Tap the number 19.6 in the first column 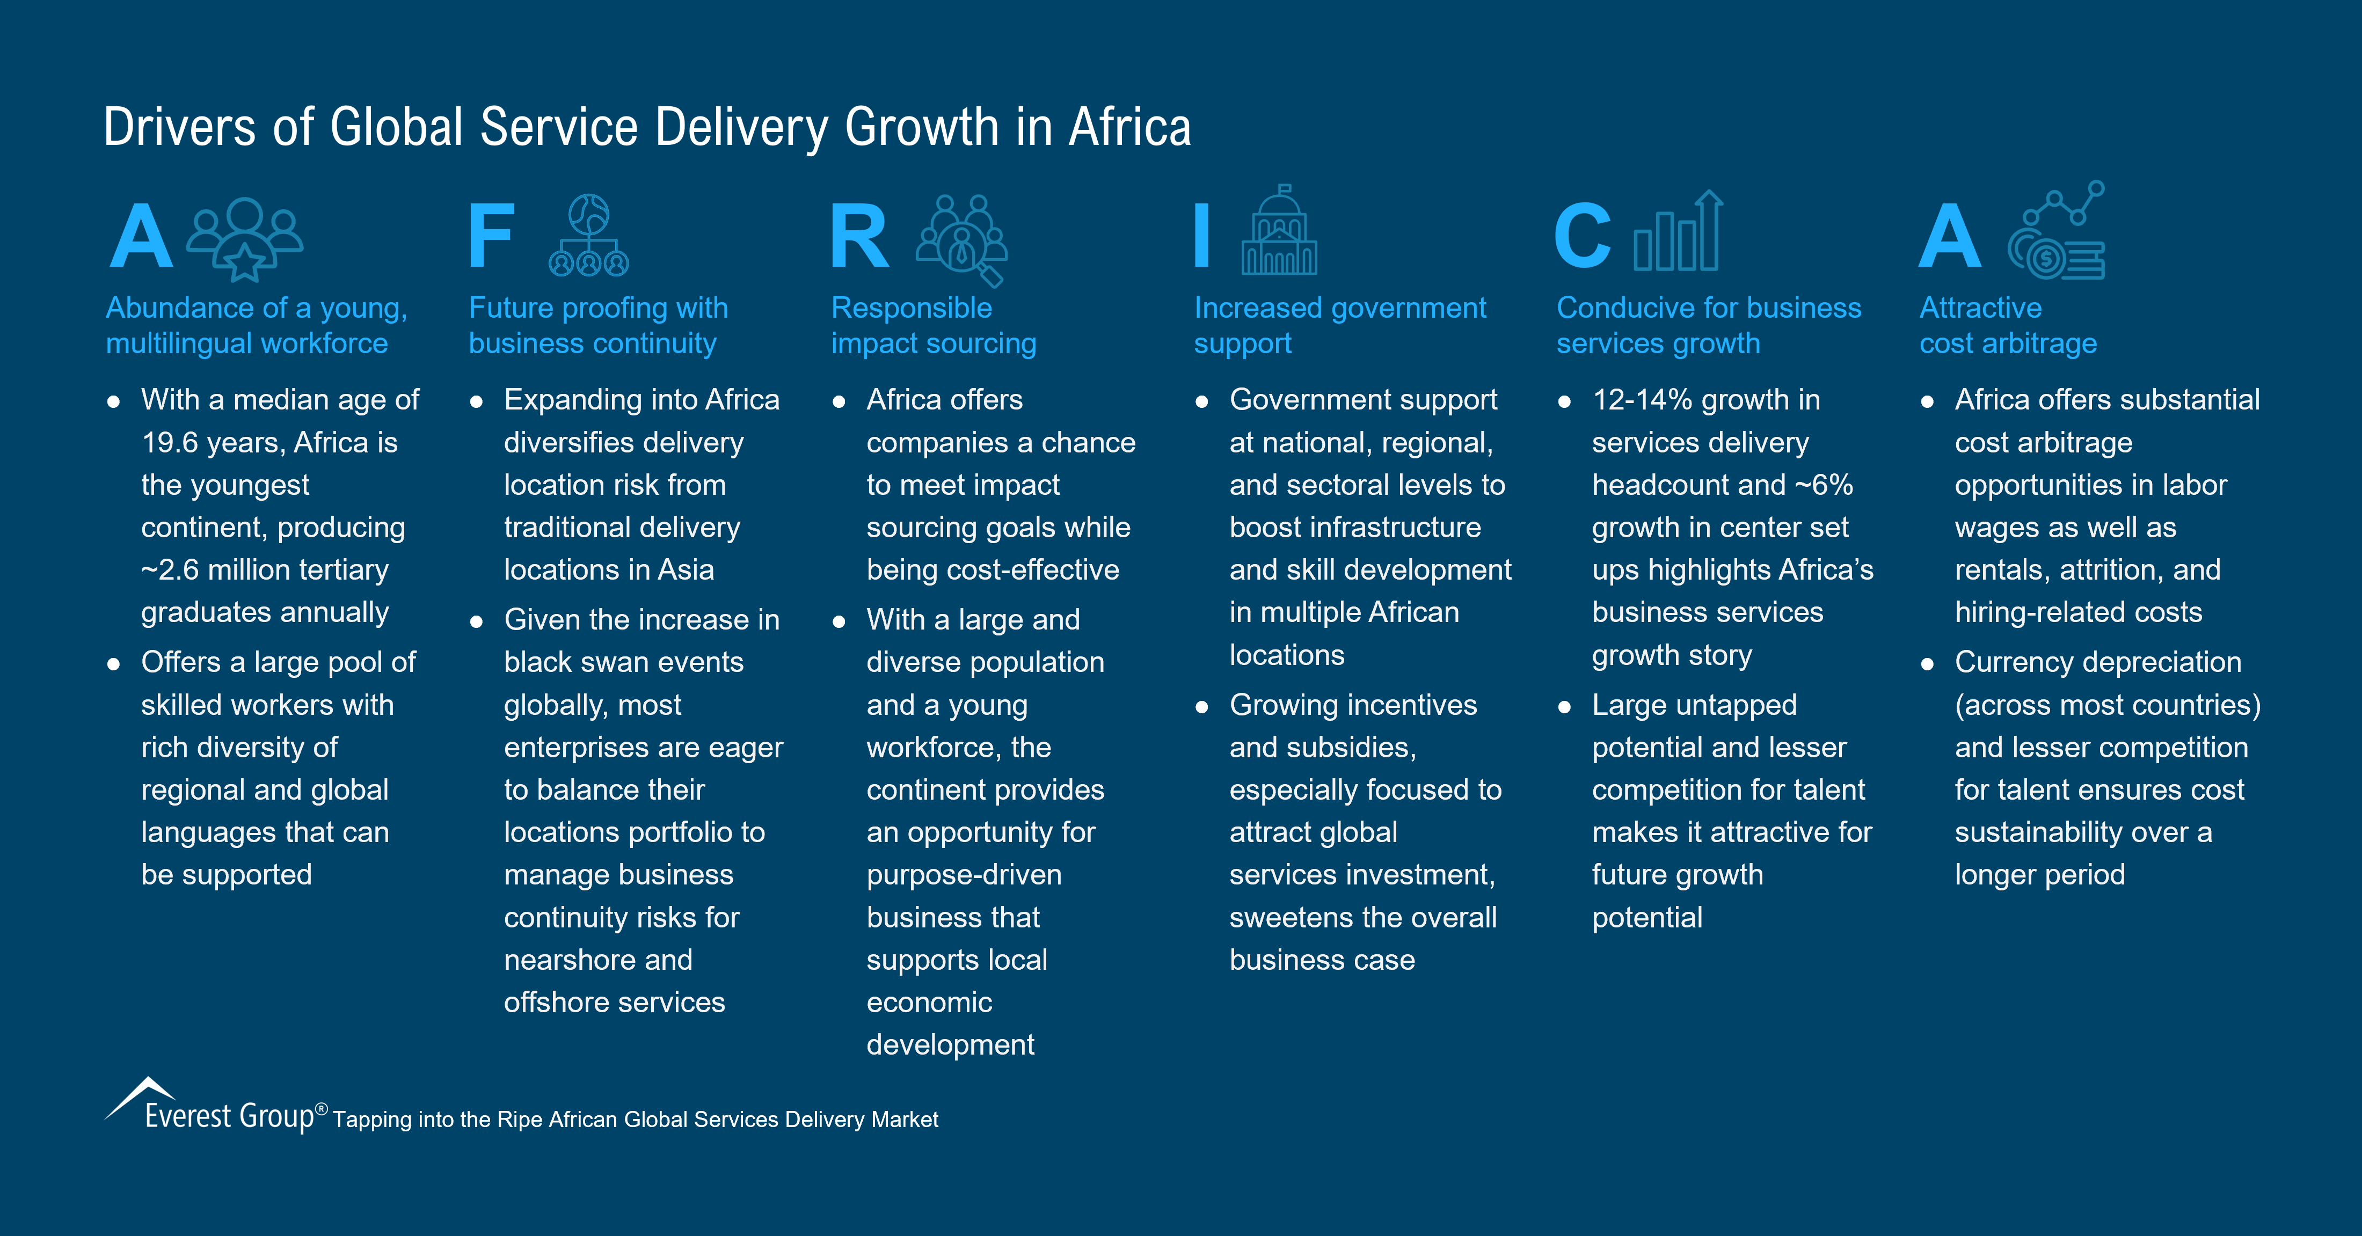[x=170, y=443]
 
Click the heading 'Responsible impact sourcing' [x=934, y=326]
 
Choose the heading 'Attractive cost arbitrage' [x=2008, y=326]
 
